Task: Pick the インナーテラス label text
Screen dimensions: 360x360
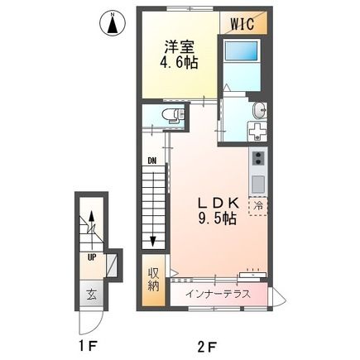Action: pyautogui.click(x=218, y=293)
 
